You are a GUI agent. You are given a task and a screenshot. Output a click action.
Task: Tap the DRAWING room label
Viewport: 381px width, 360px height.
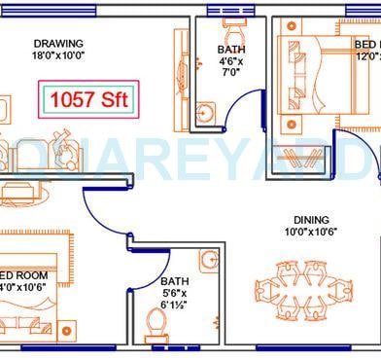coord(58,44)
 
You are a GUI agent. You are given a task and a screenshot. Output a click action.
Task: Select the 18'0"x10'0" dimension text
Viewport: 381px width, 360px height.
coord(58,57)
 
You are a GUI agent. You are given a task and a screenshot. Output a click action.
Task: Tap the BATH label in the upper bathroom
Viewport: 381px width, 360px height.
coord(231,50)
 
